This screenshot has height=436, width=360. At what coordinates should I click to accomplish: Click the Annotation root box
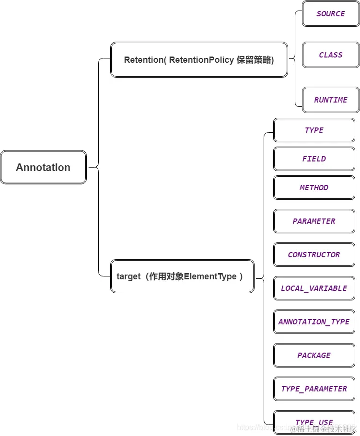tap(43, 167)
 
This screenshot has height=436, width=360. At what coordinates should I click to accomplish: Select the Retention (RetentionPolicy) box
tap(199, 60)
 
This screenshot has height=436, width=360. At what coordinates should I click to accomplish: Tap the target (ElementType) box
tap(182, 276)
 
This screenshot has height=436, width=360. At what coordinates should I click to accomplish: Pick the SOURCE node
tap(331, 14)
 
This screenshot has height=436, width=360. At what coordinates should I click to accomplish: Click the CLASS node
tap(331, 55)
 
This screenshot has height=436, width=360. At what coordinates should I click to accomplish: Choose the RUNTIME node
tap(331, 100)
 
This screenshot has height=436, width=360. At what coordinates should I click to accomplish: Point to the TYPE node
tap(314, 130)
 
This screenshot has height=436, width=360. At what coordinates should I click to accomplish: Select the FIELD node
tap(314, 159)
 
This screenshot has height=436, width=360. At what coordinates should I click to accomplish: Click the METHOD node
tap(314, 188)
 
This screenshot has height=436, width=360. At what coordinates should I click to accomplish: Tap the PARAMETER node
tap(314, 221)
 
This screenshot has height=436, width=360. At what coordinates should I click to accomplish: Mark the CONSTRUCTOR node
tap(314, 255)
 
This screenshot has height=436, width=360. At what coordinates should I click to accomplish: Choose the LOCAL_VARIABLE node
tap(314, 288)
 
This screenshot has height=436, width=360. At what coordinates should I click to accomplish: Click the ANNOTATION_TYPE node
tap(314, 322)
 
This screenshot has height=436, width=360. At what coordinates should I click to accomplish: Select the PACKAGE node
tap(314, 356)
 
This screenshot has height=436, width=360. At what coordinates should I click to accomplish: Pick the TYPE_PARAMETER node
tap(314, 389)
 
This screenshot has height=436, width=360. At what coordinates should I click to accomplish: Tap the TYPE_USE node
tap(314, 421)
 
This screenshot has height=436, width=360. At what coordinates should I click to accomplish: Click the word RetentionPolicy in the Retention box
tap(201, 60)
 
